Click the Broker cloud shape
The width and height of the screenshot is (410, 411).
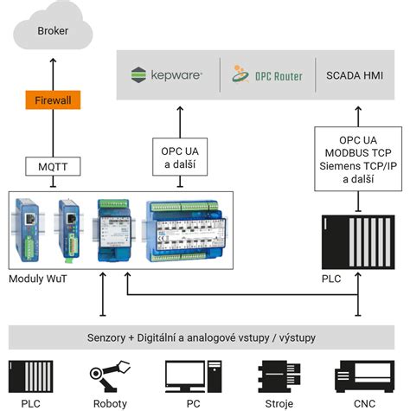(x=52, y=30)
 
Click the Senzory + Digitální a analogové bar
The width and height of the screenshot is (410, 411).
(x=205, y=336)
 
